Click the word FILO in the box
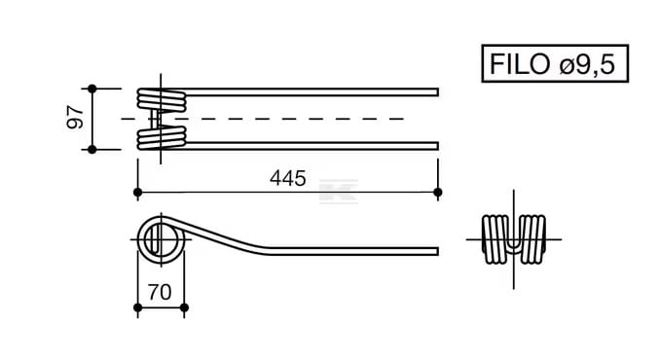click(x=520, y=64)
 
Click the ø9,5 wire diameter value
click(x=588, y=65)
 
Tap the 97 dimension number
click(x=76, y=118)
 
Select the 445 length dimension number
click(x=288, y=178)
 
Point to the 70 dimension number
click(x=160, y=292)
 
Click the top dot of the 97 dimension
click(x=92, y=89)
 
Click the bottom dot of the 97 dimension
click(x=92, y=149)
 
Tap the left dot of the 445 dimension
click(x=137, y=193)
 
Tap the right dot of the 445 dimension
click(x=438, y=193)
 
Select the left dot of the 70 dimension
click(x=137, y=307)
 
